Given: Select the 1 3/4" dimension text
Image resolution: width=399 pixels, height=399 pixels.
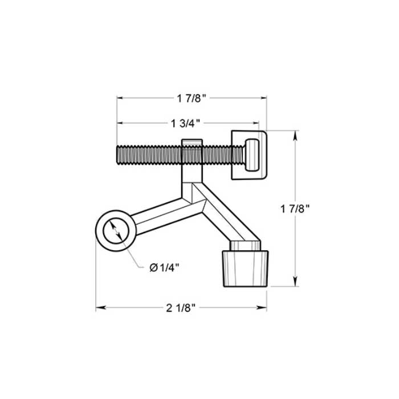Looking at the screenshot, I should (188, 123).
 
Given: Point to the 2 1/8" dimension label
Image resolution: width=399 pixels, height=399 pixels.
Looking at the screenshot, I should (181, 308).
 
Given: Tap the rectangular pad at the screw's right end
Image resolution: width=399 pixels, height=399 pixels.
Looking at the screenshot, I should (250, 154).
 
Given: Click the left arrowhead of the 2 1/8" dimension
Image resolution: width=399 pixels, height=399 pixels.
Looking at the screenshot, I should (99, 308).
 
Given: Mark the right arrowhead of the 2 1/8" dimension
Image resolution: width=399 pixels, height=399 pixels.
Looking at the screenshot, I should (264, 308).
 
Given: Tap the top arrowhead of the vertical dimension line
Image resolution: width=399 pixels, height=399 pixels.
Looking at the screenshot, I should (295, 135).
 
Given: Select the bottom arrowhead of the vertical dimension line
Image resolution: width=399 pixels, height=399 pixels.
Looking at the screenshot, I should (295, 283).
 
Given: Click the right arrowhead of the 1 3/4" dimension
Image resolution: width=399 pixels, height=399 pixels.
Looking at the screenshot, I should (256, 123).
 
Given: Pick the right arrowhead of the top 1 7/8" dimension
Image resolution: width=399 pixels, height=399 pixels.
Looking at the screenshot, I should (264, 98).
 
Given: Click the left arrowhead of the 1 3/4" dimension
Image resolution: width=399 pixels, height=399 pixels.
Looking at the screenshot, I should (120, 123).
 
